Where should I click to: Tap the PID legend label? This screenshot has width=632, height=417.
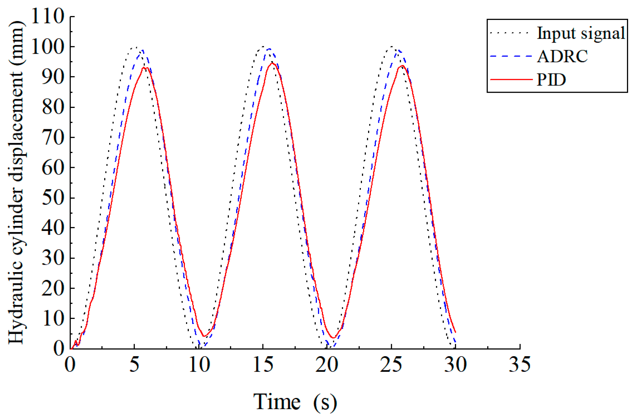[551, 80]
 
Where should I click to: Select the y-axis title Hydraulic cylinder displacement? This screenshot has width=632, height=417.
[16, 182]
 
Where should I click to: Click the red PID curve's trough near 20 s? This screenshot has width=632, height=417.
[333, 337]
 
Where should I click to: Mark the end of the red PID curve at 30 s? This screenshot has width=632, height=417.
[456, 332]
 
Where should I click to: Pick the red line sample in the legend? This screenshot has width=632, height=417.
[511, 80]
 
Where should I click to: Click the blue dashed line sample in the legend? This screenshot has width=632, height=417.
[511, 56]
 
